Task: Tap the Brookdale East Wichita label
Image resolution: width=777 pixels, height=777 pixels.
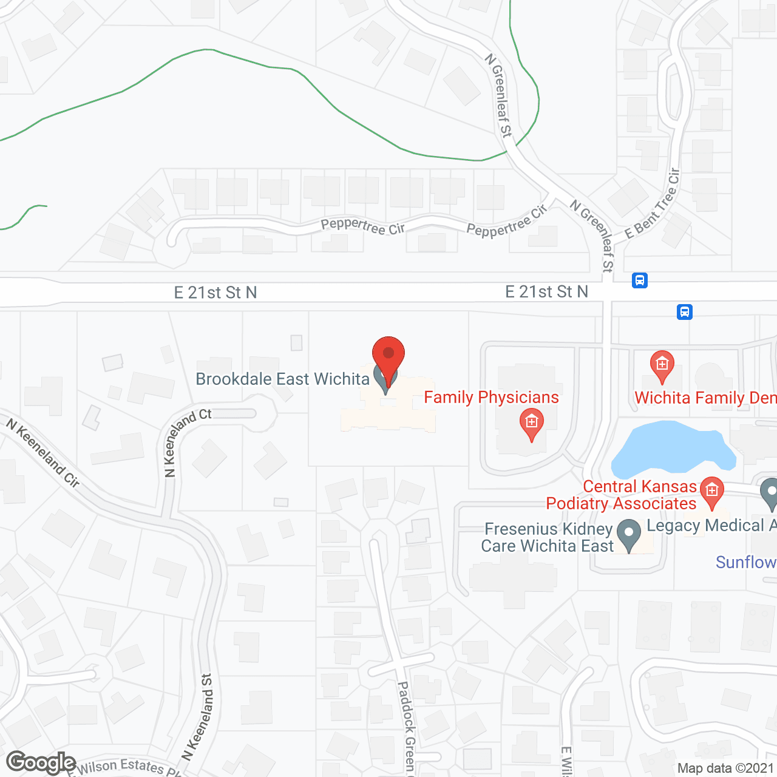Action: [282, 379]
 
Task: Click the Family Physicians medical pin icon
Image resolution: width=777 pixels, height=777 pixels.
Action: [531, 424]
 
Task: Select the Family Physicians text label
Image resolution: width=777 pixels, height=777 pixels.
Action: [491, 398]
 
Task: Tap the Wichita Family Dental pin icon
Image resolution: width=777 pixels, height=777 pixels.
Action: [662, 366]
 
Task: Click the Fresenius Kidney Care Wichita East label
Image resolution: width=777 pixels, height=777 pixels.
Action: [548, 538]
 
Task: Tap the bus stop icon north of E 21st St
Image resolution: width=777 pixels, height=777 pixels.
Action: [639, 280]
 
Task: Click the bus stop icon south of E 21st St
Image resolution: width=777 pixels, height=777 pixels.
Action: [684, 312]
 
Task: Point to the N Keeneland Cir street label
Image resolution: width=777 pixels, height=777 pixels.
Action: [43, 452]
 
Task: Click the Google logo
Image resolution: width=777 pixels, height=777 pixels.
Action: [41, 762]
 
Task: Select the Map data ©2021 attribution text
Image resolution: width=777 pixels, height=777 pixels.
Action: [725, 769]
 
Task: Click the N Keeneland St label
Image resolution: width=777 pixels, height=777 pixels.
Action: [198, 716]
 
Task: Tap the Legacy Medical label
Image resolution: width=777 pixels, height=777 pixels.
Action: [710, 526]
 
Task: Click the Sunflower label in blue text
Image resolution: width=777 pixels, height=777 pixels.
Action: [746, 563]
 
